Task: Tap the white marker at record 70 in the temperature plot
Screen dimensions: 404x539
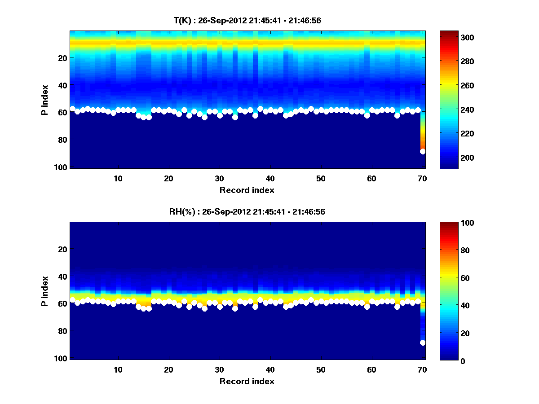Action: (x=423, y=152)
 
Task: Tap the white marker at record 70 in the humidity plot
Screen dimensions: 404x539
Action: (x=423, y=343)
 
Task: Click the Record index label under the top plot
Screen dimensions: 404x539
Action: (x=247, y=190)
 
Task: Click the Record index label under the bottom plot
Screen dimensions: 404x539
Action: (x=247, y=381)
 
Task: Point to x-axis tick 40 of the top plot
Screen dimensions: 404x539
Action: (x=270, y=178)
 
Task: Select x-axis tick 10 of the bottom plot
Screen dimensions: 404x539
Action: (x=118, y=369)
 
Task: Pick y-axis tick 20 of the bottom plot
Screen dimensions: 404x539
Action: (x=63, y=249)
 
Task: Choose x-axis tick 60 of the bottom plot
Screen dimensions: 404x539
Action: (x=371, y=369)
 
